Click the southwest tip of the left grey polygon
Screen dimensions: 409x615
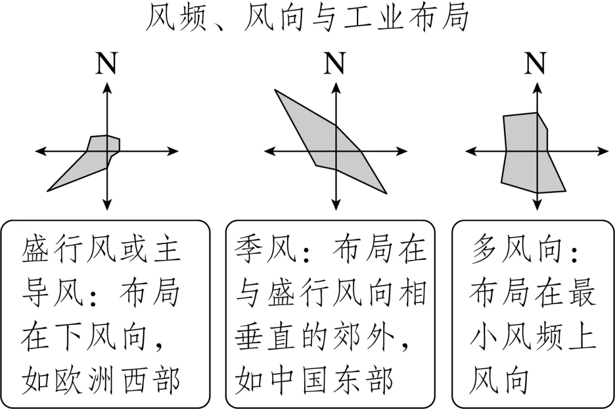coord(49,190)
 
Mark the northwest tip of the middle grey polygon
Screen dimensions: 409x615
coord(276,90)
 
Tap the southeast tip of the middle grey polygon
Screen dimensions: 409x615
coord(386,193)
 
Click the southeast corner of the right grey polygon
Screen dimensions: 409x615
coord(564,191)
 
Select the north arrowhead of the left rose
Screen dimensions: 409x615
coord(107,86)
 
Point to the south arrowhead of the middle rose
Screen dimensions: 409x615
coord(336,205)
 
